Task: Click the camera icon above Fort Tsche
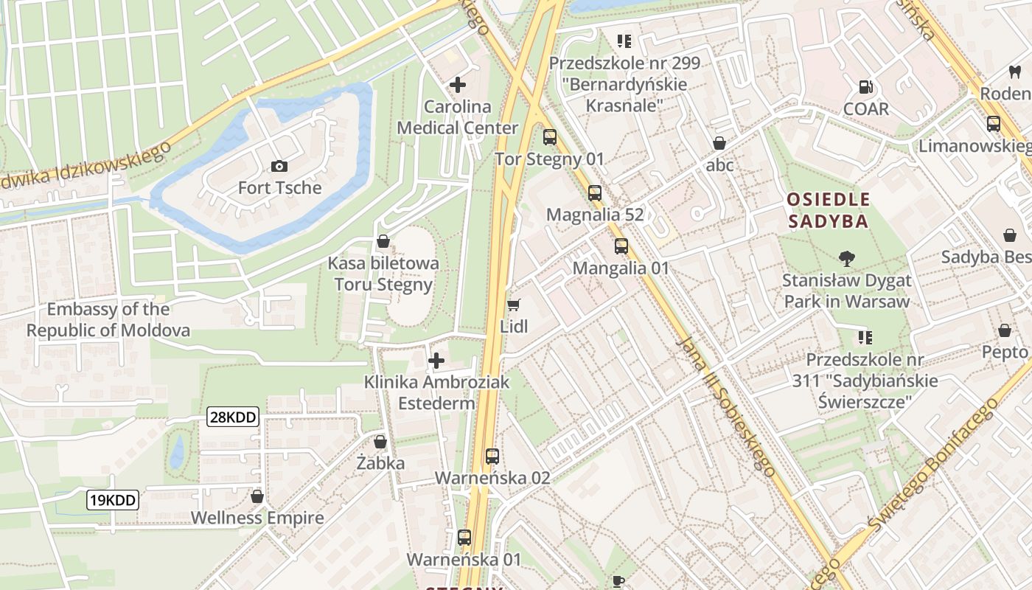(279, 166)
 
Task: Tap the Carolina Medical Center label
(457, 117)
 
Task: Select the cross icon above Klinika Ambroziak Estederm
(436, 361)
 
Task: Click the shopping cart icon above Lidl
(514, 305)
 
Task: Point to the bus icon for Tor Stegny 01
(549, 137)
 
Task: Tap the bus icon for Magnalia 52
(595, 193)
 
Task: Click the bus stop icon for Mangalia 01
(621, 246)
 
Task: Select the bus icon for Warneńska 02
(492, 457)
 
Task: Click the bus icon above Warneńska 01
(464, 538)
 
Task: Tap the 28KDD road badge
(233, 417)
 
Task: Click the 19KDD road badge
(113, 500)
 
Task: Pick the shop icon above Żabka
(380, 442)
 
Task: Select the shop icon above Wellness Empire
(257, 496)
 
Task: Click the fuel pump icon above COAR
(866, 87)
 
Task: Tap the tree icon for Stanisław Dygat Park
(847, 258)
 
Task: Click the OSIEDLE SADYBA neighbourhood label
(828, 210)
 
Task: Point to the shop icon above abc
(719, 143)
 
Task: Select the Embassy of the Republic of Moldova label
(108, 319)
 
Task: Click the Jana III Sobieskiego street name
(725, 406)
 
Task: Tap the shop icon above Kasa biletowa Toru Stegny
(383, 241)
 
